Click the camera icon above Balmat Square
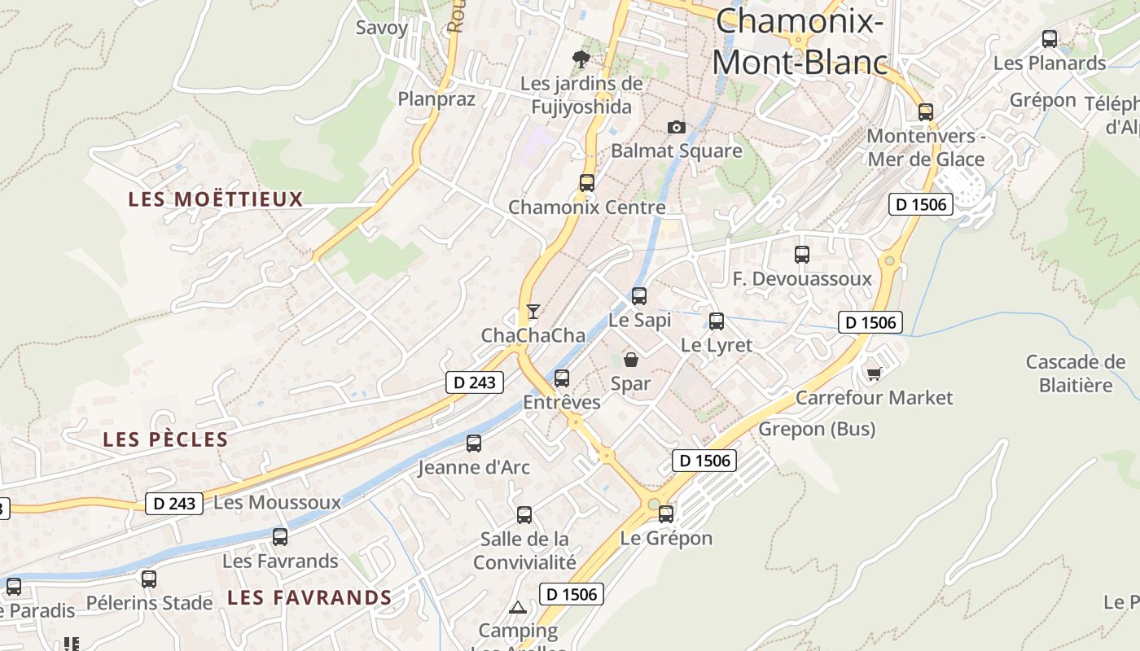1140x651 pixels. [676, 127]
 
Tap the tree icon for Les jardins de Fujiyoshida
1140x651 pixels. [581, 59]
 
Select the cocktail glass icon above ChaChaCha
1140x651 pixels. [533, 311]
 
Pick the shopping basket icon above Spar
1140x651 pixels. [630, 359]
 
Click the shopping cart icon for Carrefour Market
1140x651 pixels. [874, 374]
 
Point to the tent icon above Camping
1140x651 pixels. [517, 607]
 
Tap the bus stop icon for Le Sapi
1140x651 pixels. [639, 296]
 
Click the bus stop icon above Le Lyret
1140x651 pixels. [717, 321]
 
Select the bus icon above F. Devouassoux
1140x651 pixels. [802, 255]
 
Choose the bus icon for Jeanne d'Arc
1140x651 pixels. [474, 443]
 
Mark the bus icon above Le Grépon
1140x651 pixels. [666, 514]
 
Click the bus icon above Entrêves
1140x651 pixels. [562, 378]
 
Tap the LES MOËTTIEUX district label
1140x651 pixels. [216, 199]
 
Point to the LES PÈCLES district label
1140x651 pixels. [165, 439]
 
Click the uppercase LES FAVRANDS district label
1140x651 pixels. [309, 598]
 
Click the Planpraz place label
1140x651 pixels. [436, 99]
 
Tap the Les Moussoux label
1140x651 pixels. [277, 503]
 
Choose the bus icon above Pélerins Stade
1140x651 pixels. [149, 579]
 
